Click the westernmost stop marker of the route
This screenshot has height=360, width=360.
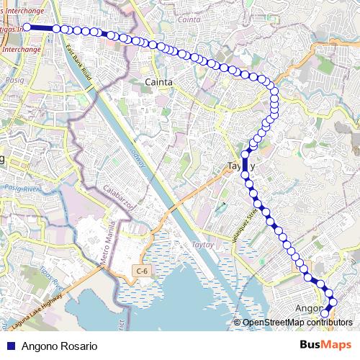[27, 27]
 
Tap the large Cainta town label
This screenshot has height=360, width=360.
[158, 82]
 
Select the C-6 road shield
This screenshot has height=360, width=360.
[142, 271]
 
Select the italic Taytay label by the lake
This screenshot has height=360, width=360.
[202, 245]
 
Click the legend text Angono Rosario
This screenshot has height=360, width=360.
[59, 346]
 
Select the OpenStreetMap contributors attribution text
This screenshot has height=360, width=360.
[297, 322]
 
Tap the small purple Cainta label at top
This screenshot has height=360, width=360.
[188, 20]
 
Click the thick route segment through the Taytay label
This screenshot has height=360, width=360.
[245, 164]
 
